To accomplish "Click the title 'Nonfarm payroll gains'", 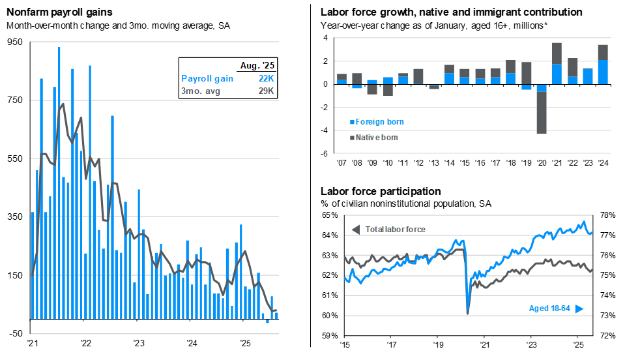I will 59,12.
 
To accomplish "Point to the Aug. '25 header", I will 259,65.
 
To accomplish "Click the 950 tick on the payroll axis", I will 14,42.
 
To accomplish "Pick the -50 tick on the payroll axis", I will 14,333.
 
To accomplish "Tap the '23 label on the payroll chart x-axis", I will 138,343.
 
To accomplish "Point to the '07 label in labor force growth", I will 341,162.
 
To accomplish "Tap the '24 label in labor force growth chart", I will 603,162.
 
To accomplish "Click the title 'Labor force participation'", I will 381,192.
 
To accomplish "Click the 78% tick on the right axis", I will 607,215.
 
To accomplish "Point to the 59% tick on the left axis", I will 330,337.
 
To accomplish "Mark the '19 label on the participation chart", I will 437,344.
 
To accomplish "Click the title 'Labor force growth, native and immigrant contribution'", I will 451,12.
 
